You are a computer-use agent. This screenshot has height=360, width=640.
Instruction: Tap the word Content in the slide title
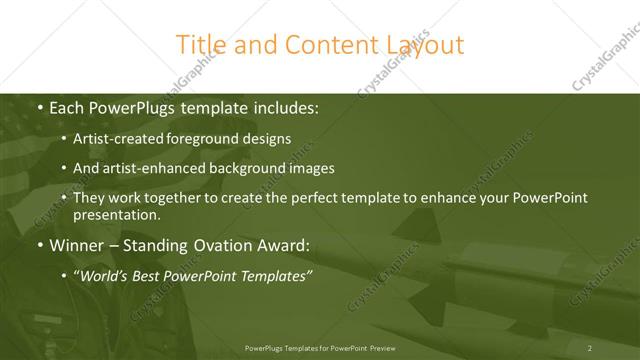[325, 45]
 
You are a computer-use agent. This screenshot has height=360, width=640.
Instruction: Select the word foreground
[206, 140]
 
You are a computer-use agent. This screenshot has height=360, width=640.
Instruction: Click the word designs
[267, 140]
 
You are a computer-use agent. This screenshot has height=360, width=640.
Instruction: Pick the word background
[248, 168]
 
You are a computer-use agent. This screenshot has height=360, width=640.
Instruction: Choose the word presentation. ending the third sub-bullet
[117, 214]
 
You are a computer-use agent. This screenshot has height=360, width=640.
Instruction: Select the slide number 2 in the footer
[590, 347]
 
